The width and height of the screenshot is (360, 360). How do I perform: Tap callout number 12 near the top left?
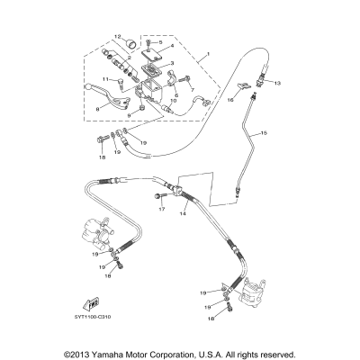click(117, 36)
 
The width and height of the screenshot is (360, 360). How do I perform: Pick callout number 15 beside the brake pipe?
click(265, 133)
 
